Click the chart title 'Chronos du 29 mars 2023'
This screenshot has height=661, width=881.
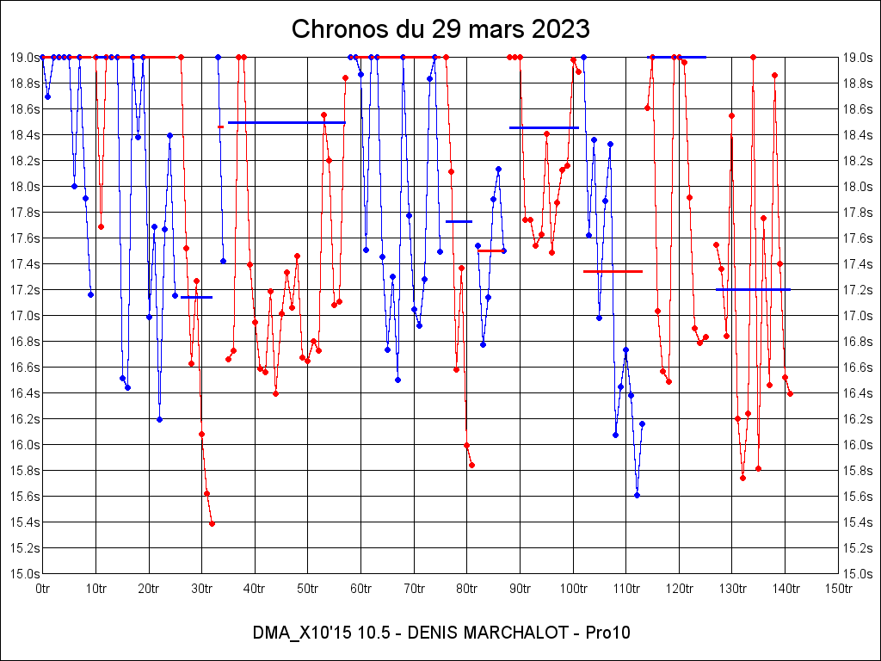[x=440, y=29]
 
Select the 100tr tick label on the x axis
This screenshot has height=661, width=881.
[x=573, y=589]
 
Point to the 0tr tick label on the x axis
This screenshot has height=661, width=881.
[x=42, y=589]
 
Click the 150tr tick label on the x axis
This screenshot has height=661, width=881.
[x=838, y=589]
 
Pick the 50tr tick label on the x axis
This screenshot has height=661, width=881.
[x=308, y=589]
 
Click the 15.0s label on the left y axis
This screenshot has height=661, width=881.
[x=24, y=573]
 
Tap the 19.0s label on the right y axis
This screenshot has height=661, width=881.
[x=857, y=57]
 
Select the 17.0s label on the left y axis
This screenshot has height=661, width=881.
[x=24, y=315]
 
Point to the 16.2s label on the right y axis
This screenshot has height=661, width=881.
[x=857, y=418]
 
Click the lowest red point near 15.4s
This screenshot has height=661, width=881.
[x=212, y=523]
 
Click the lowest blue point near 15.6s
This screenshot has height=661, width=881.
[x=637, y=495]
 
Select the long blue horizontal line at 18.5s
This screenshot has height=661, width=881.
[x=286, y=122]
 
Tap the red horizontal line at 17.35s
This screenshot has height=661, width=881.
[x=613, y=271]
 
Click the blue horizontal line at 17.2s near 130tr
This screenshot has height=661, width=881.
[x=753, y=289]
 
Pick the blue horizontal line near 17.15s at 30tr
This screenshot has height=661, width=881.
[x=196, y=297]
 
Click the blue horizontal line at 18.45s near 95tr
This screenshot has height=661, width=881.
[x=544, y=127]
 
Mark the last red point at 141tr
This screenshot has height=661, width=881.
[x=790, y=393]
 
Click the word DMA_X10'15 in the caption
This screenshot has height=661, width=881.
[x=298, y=633]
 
